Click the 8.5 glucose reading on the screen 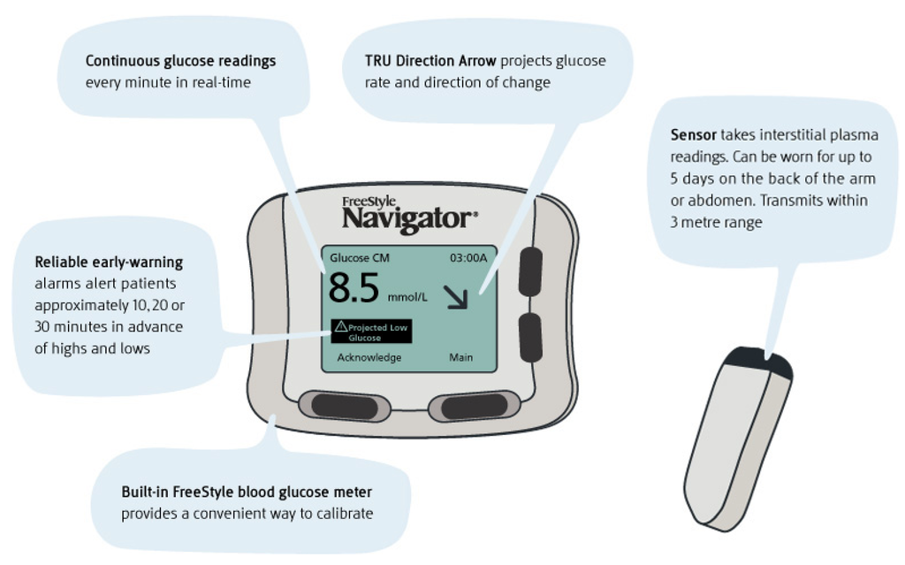[x=354, y=288]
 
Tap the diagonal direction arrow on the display [x=459, y=298]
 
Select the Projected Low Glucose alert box [x=370, y=332]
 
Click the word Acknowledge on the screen [x=369, y=357]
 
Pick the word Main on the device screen [x=460, y=357]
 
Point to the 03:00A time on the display [x=468, y=258]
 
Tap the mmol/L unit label [x=407, y=297]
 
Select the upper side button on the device [x=530, y=271]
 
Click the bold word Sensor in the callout [x=693, y=135]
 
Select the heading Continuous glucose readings [x=180, y=61]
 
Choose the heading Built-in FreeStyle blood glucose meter [x=247, y=492]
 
